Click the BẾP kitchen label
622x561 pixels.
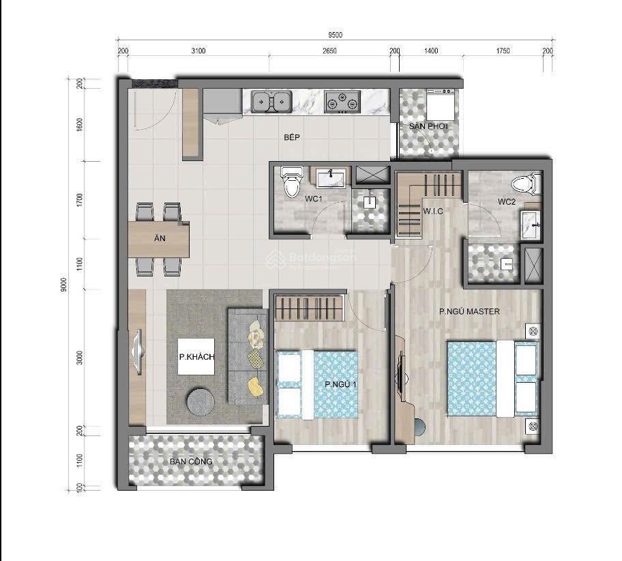293,138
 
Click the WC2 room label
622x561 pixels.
505,201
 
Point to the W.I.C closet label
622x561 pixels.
433,212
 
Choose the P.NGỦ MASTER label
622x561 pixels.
469,312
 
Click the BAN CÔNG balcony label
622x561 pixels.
192,461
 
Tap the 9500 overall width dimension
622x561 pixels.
334,35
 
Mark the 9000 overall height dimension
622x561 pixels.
63,284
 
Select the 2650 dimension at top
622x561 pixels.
329,51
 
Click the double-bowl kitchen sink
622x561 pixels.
271,101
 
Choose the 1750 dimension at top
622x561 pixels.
503,51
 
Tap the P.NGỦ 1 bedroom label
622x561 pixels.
341,385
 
